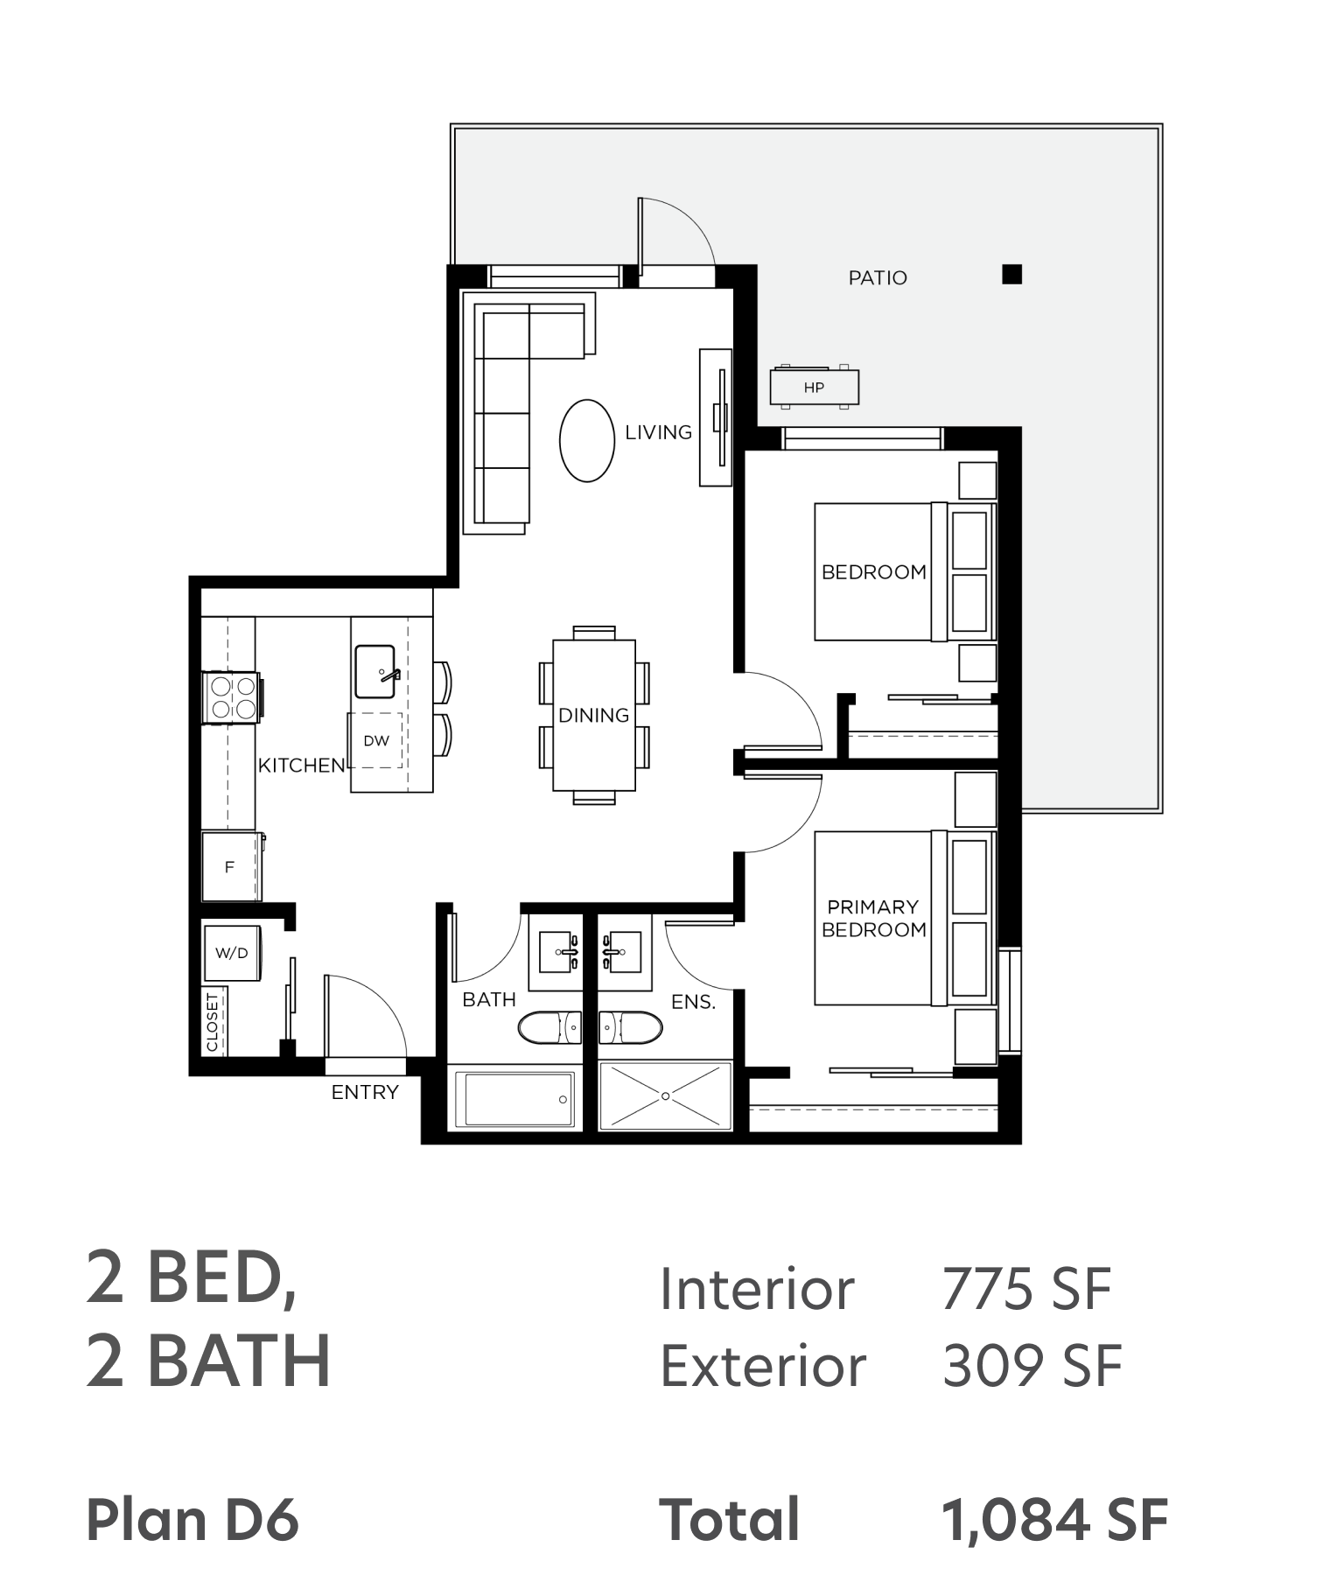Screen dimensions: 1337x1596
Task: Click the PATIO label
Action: pyautogui.click(x=878, y=277)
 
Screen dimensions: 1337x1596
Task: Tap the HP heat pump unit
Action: pyautogui.click(x=814, y=387)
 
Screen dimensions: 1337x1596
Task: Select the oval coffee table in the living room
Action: pyautogui.click(x=586, y=440)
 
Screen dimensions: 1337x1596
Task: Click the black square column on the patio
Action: pyautogui.click(x=1011, y=275)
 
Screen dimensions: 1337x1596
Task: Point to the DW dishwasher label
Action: pyautogui.click(x=376, y=740)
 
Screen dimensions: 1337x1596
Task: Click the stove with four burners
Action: pyautogui.click(x=233, y=697)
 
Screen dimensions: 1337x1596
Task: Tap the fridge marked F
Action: pyautogui.click(x=232, y=866)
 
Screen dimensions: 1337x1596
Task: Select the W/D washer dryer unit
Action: pyautogui.click(x=232, y=952)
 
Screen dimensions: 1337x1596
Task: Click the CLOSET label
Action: pyautogui.click(x=212, y=1021)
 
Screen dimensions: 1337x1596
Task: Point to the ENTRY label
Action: pyautogui.click(x=365, y=1092)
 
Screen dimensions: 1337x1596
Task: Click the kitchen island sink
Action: pyautogui.click(x=376, y=671)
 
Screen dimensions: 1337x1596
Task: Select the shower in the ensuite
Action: pyautogui.click(x=665, y=1095)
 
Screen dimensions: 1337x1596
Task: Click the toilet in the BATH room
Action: pyautogui.click(x=549, y=1027)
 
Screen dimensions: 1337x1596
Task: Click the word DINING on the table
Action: pyautogui.click(x=594, y=715)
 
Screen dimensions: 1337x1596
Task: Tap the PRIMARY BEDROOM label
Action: pyautogui.click(x=873, y=918)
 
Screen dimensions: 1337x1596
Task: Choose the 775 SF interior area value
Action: pyautogui.click(x=1025, y=1289)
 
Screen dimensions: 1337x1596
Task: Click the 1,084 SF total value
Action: pyautogui.click(x=1054, y=1520)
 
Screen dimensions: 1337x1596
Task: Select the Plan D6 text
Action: pyautogui.click(x=192, y=1520)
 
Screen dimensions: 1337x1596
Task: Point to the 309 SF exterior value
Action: pyautogui.click(x=1032, y=1365)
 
